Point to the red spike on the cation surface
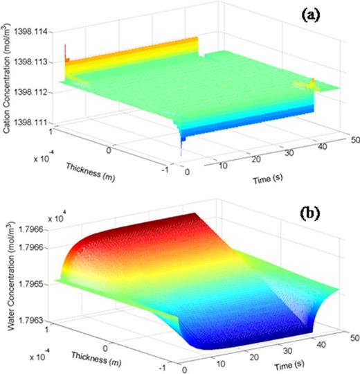(x=66, y=50)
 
